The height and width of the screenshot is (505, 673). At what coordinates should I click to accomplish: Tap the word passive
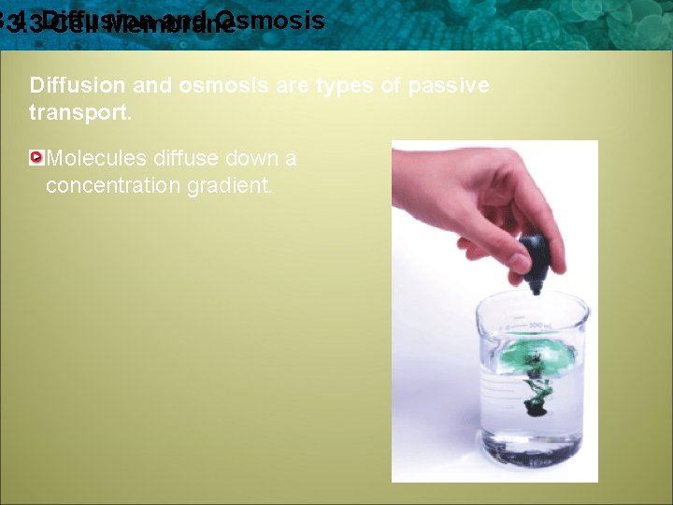tap(447, 85)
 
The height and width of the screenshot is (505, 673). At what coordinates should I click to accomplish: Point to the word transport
tap(73, 112)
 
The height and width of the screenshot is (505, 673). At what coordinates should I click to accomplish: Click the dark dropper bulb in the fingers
tap(534, 252)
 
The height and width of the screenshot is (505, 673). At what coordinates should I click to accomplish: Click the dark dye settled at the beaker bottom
tap(535, 408)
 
